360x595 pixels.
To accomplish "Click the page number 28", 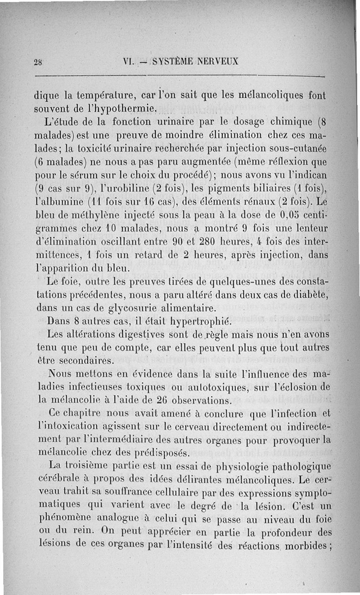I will tap(37, 62).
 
